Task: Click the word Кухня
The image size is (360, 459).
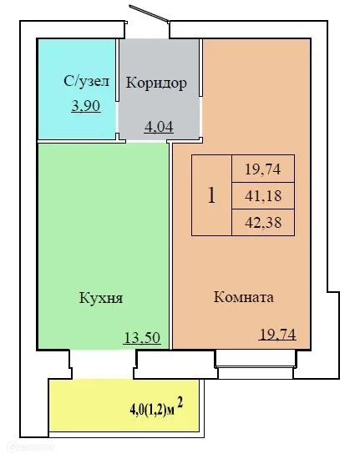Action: click(101, 297)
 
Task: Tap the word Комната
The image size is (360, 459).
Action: click(244, 297)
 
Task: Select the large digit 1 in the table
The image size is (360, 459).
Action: click(211, 196)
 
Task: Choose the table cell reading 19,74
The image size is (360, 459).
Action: click(261, 169)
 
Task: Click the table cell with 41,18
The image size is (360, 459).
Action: click(261, 196)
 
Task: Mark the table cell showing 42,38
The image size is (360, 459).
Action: click(261, 222)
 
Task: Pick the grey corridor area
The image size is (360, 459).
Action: click(159, 108)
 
